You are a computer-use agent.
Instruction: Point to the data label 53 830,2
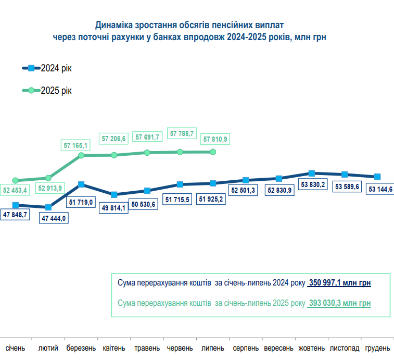click(x=313, y=184)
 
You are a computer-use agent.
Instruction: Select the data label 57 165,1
click(x=77, y=145)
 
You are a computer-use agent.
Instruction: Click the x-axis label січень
click(x=15, y=347)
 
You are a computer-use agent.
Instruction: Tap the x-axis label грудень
click(x=377, y=347)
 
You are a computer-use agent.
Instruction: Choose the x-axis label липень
click(x=212, y=347)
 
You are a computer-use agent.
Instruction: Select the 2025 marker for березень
click(x=81, y=155)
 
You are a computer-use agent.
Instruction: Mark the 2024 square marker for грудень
click(x=378, y=177)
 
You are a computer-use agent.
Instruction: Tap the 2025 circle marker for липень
click(x=212, y=152)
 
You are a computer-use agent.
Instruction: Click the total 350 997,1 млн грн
click(x=339, y=283)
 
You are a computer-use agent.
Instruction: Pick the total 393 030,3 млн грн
click(x=339, y=303)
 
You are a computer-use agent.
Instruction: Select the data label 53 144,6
click(x=380, y=189)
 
